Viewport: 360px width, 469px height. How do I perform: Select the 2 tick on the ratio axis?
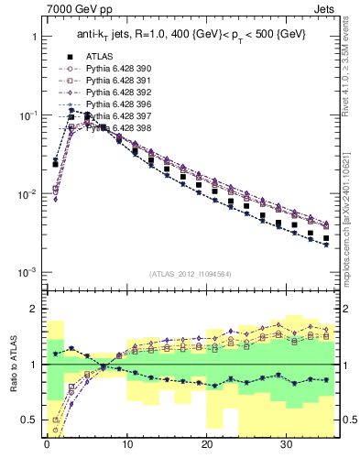[x=32, y=309]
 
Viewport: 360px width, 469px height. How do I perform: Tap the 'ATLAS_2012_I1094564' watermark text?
[x=190, y=274]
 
